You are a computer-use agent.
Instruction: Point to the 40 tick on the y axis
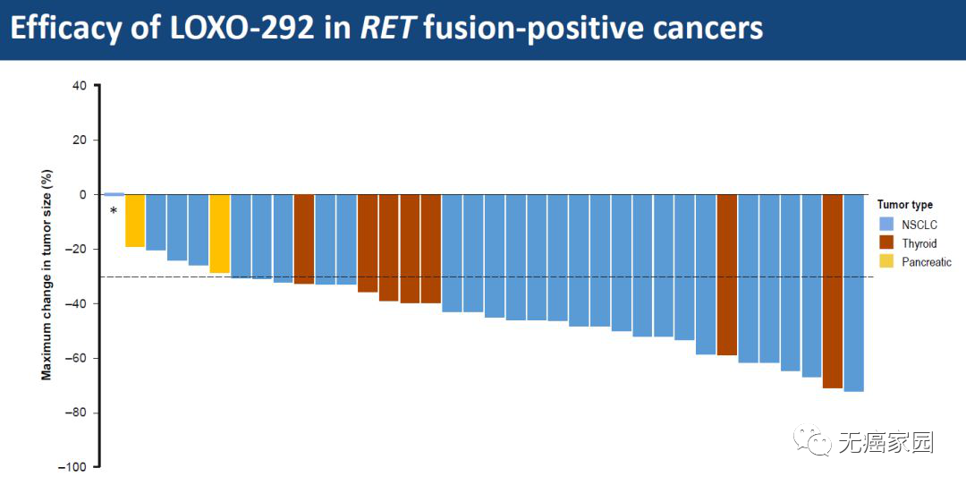[x=80, y=86]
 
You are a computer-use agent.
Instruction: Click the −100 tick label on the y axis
[x=73, y=467]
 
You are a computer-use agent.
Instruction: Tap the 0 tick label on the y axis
[x=82, y=194]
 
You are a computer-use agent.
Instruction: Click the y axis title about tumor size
[x=47, y=277]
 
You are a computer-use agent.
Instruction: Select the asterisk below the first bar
[x=114, y=212]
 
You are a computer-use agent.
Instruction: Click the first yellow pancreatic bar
[x=135, y=220]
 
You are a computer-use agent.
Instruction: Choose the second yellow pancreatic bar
[x=219, y=234]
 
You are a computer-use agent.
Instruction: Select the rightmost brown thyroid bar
[x=833, y=291]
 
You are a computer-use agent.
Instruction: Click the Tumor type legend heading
[x=904, y=205]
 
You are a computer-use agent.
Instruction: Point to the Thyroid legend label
[x=919, y=243]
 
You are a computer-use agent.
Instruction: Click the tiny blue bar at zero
[x=114, y=194]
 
